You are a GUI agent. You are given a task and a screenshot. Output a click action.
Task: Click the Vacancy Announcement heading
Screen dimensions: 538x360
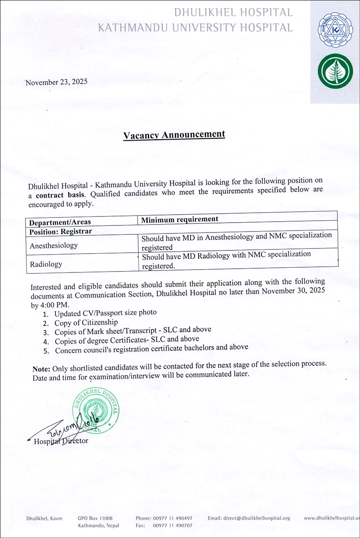174,135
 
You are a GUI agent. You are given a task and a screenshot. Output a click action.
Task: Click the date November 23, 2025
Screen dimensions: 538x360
56,82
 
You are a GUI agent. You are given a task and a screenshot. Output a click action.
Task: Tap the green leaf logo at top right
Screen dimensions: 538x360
335,71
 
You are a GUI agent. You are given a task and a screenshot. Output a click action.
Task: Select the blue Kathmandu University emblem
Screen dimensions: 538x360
335,31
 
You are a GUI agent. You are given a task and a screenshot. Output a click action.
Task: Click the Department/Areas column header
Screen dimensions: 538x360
60,222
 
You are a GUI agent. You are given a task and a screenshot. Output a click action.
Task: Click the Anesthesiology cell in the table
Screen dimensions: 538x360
53,246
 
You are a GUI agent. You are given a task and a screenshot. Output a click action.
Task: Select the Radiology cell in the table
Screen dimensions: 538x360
46,264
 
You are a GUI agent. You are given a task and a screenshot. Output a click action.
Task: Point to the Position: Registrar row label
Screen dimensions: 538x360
60,232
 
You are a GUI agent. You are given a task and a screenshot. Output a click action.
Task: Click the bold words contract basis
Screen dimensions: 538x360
60,195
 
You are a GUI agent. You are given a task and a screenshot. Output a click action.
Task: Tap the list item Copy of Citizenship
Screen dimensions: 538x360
86,322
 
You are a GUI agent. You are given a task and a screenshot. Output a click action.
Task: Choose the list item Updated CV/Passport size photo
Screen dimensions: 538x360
105,313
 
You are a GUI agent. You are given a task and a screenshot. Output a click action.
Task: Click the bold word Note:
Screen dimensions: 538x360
41,369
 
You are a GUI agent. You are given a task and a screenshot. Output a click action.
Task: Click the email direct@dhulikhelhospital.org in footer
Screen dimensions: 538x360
249,518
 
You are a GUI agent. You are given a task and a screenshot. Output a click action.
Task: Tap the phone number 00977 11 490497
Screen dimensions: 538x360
173,518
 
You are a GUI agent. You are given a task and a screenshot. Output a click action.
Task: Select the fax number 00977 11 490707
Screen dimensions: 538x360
173,526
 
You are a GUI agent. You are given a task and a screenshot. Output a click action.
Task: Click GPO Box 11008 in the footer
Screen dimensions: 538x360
95,518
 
